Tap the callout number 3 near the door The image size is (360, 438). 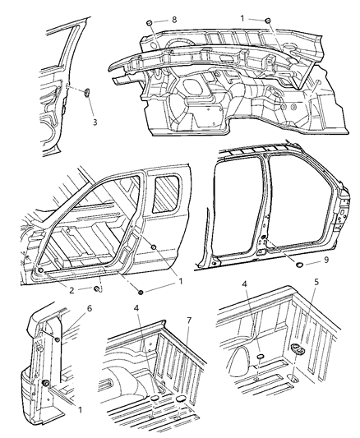tap(94, 122)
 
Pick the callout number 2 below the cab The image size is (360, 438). tap(72, 290)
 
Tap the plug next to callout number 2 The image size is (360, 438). tap(99, 288)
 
